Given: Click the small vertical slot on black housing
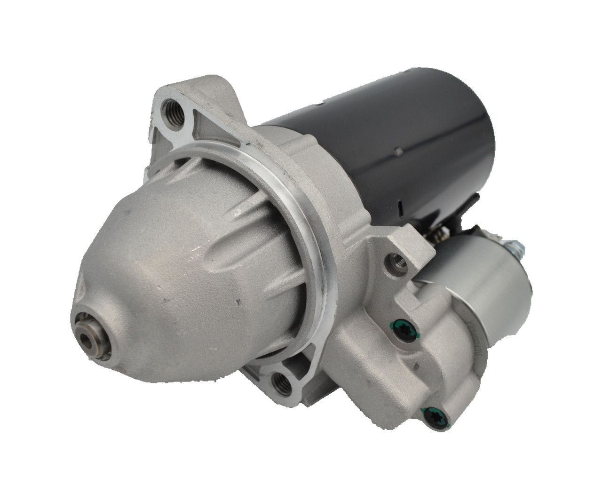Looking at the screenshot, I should [x=398, y=207].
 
